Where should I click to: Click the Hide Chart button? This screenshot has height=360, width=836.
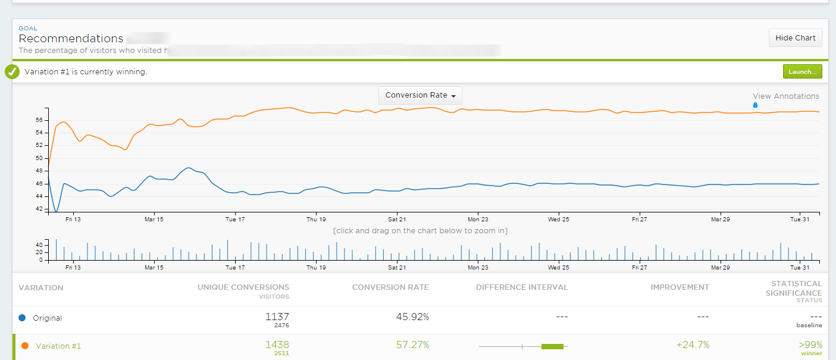pos(796,38)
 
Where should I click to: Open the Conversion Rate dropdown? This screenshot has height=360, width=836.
pos(420,95)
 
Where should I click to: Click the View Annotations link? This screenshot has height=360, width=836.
pos(785,96)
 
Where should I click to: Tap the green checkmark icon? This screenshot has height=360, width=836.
pos(12,72)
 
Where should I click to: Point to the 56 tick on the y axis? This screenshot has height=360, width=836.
pos(39,120)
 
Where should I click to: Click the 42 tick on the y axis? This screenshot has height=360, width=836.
pos(39,209)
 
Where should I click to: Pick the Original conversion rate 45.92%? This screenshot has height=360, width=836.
pos(412,317)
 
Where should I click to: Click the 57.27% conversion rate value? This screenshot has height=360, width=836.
pos(412,345)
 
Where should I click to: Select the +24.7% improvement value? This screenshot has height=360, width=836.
pos(693,345)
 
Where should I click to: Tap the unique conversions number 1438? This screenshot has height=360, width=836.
pos(277,345)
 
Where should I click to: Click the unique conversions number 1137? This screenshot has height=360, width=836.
pos(277,317)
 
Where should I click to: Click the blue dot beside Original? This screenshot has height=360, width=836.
pos(23,318)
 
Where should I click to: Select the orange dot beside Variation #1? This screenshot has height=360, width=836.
pos(25,346)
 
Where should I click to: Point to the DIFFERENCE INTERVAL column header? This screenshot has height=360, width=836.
pos(522,287)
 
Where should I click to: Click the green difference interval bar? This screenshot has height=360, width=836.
pos(552,346)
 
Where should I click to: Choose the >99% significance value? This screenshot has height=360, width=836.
pos(810,345)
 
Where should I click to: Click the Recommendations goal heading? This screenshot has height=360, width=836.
pos(71,39)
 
